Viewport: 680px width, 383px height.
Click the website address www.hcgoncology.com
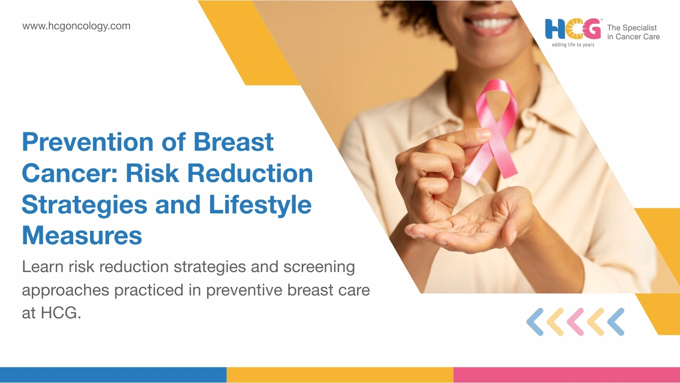point(76,26)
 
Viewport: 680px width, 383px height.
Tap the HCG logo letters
point(573,29)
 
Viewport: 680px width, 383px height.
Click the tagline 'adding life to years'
point(573,45)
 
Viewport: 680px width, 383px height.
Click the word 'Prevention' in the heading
point(88,142)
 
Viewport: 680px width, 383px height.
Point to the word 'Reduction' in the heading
point(250,173)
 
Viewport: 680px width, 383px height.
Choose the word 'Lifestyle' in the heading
point(260,205)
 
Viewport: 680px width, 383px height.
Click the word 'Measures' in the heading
point(82,235)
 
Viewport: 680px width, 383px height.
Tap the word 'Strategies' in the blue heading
point(85,205)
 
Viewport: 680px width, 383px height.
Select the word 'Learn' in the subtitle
point(43,267)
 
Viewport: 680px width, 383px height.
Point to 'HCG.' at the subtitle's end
point(61,313)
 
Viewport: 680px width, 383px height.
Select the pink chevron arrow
point(575,322)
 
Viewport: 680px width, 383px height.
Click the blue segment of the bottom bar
point(113,375)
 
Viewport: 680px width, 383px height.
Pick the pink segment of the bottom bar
point(567,375)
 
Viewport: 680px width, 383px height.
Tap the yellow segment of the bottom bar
point(340,375)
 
